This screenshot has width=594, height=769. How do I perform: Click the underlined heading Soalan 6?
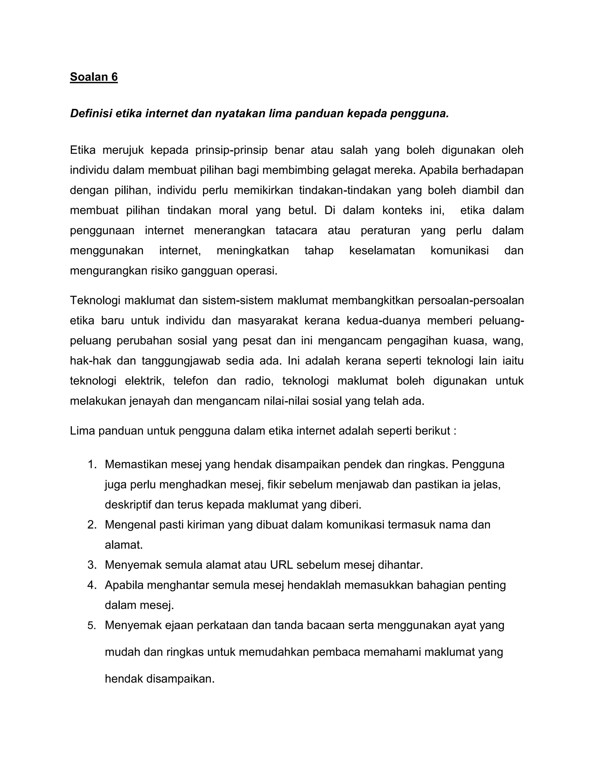(x=94, y=77)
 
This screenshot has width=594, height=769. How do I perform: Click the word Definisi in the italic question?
(x=91, y=113)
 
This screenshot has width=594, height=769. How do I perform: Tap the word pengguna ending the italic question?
(x=419, y=113)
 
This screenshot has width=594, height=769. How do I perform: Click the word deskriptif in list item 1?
(x=128, y=505)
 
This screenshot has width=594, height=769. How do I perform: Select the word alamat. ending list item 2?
(x=124, y=545)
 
